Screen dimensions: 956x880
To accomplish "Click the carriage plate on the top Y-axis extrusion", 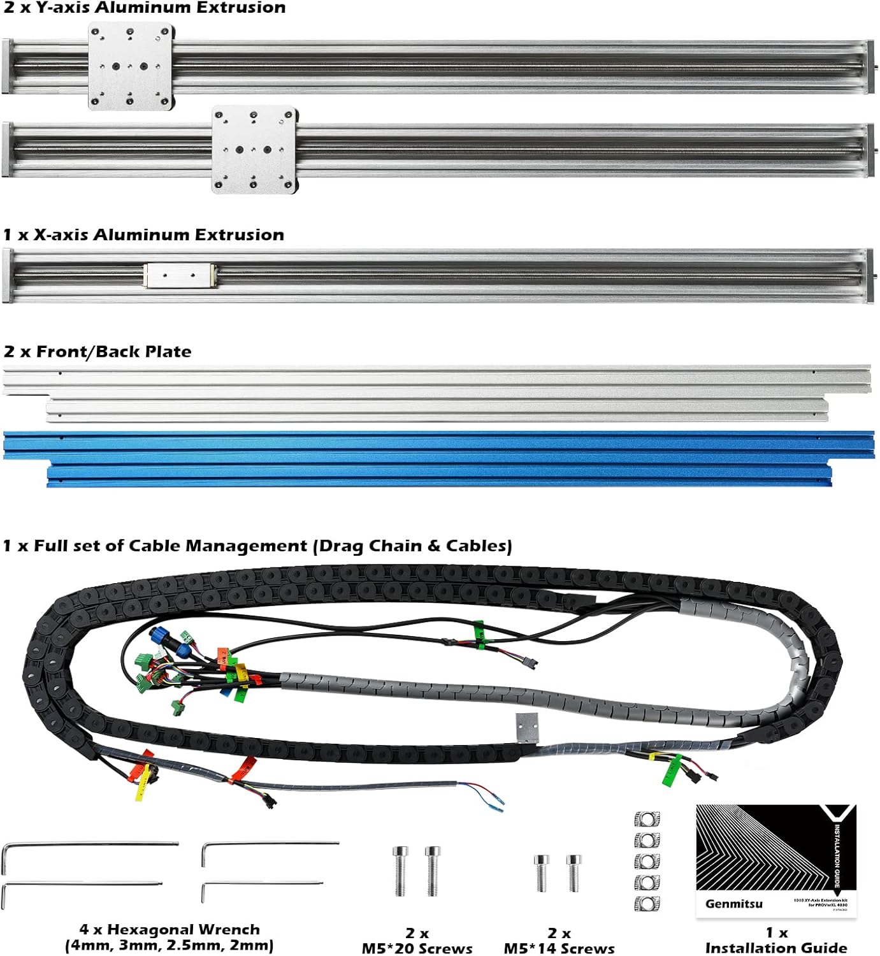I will pos(131,66).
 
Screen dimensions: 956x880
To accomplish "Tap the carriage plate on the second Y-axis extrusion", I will pos(254,150).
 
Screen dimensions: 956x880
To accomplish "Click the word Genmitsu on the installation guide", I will pos(733,903).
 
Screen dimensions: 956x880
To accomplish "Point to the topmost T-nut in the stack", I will pos(647,818).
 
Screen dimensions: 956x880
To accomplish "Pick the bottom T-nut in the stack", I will pos(647,903).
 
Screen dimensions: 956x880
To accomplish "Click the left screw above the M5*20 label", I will pos(400,871).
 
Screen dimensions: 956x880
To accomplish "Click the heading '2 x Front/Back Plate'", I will pos(97,352).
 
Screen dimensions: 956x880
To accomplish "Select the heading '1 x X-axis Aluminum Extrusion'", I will pos(143,235).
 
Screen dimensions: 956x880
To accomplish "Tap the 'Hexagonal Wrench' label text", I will pos(183,929).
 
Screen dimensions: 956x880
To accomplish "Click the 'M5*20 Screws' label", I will pos(417,948).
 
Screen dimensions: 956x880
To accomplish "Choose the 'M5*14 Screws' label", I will pos(559,948).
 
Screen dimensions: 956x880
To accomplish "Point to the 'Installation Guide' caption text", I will pos(776,948).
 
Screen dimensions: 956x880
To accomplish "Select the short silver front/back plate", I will pos(437,410).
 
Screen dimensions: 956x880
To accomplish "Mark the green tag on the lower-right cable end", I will pos(671,771).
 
